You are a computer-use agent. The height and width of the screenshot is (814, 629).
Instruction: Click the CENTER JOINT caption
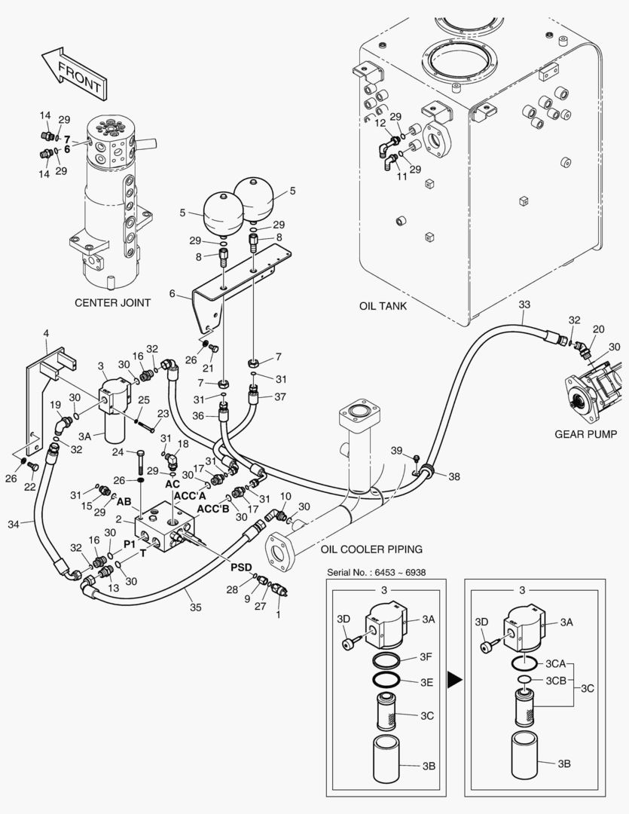112,303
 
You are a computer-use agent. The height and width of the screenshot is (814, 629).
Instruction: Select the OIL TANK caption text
383,306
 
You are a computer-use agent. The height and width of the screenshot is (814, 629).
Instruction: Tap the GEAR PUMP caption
585,434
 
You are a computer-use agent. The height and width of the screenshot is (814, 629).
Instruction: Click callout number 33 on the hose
525,304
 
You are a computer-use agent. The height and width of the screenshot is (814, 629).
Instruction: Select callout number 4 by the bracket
46,332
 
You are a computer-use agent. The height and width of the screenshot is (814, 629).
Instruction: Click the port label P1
130,542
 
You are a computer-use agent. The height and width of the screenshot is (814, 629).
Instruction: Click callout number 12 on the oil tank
380,122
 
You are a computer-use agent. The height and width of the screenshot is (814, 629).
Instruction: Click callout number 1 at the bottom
281,614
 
